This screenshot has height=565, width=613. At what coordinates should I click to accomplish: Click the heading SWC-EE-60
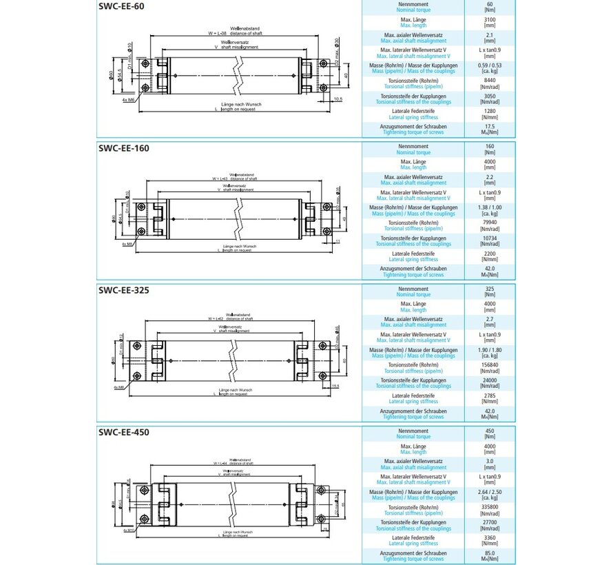tap(121, 6)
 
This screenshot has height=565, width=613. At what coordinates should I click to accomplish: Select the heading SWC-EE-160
tap(123, 148)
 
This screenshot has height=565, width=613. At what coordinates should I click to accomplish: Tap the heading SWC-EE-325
tap(123, 290)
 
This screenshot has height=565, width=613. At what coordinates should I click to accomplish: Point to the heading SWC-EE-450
tap(123, 433)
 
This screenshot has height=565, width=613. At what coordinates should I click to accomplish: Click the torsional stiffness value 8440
tap(490, 81)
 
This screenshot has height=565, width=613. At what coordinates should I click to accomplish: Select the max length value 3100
tap(490, 20)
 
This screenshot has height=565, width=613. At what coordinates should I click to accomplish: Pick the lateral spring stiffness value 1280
tap(490, 111)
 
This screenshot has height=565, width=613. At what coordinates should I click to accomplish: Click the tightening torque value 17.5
tap(490, 126)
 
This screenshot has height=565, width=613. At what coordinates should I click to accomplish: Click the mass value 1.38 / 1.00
tap(490, 207)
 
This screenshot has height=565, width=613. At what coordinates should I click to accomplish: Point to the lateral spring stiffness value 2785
tap(490, 395)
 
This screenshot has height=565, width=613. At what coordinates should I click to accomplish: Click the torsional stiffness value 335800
tap(490, 507)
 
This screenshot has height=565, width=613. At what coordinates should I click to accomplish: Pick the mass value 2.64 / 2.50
tap(490, 492)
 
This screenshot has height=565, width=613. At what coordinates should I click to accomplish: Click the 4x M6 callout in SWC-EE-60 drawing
tap(128, 100)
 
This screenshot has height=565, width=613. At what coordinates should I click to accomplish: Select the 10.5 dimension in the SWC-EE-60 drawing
tap(337, 99)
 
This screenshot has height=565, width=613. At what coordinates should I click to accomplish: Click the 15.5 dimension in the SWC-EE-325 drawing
tap(335, 386)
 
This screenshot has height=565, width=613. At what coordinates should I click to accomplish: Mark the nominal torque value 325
tap(490, 289)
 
